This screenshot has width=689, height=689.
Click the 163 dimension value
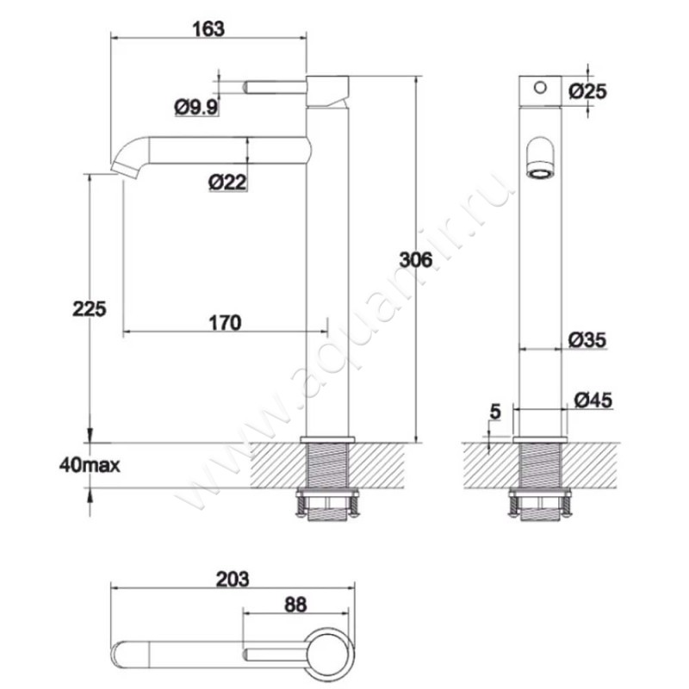(x=208, y=29)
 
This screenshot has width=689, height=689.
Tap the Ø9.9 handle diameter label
(x=196, y=107)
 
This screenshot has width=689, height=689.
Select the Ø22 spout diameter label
(x=227, y=182)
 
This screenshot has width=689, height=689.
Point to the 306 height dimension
(x=416, y=260)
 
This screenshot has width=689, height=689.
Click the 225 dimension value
(x=90, y=309)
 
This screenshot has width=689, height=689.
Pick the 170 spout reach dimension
(x=225, y=323)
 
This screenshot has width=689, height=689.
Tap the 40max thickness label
(x=90, y=465)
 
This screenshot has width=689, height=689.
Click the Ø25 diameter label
(x=587, y=91)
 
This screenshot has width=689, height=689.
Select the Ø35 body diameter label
(x=587, y=339)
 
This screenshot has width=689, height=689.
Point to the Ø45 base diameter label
(x=593, y=400)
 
